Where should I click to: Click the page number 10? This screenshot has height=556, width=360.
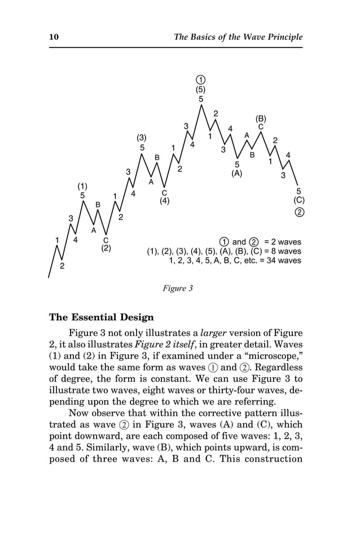click(x=54, y=37)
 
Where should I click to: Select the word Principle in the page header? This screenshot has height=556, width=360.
click(x=282, y=37)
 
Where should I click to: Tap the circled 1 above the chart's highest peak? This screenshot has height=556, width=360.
click(x=200, y=79)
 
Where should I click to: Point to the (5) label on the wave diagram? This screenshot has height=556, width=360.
click(x=200, y=89)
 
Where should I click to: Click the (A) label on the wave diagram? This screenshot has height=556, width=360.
click(x=237, y=174)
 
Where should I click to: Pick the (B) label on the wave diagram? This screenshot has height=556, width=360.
click(x=261, y=118)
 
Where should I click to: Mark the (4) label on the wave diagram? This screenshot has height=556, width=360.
click(x=164, y=201)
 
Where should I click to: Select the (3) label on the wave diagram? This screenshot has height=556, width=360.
click(x=142, y=138)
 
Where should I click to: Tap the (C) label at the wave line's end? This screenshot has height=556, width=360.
click(x=299, y=200)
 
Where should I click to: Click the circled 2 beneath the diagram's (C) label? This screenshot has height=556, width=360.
click(x=299, y=212)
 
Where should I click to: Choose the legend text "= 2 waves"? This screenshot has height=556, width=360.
click(x=282, y=242)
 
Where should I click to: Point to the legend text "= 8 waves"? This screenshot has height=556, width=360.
click(x=282, y=251)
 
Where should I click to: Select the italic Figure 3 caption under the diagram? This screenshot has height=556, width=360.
click(x=178, y=288)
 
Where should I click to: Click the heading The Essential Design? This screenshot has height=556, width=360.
click(x=102, y=317)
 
